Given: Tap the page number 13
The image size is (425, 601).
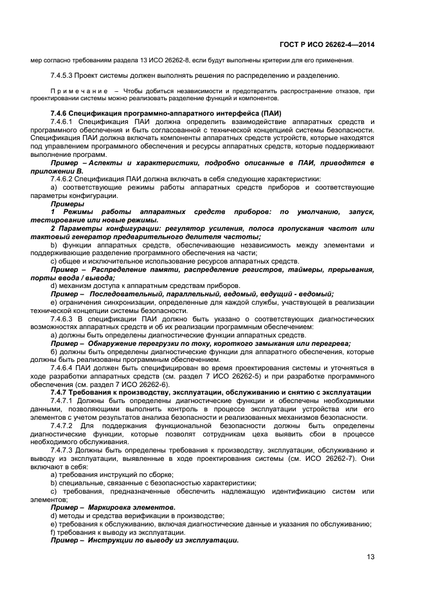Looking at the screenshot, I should coord(370,557).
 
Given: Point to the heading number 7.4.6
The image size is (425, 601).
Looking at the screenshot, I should coord(60,114).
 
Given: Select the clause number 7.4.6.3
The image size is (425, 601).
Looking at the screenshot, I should coord(63,318).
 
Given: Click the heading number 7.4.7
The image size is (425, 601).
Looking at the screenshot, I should coord(60,392).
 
